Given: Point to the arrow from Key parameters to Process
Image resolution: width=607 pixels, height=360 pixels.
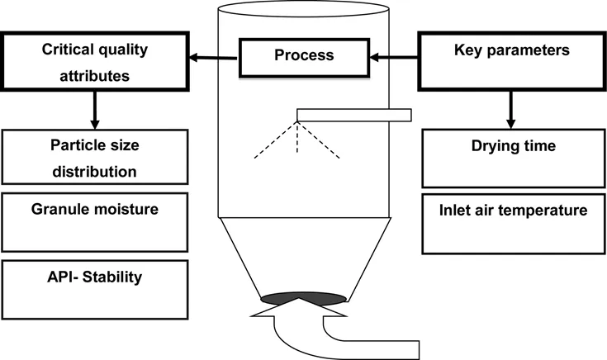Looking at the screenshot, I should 394,58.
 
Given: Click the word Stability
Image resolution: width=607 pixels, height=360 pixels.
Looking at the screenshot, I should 113,276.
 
